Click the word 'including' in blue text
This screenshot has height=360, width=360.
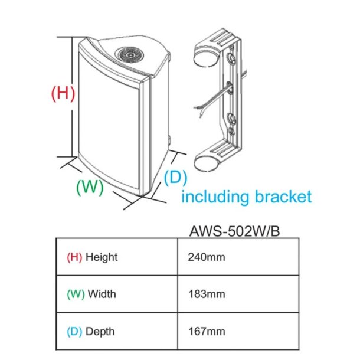215,197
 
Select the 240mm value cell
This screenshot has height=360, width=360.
205,257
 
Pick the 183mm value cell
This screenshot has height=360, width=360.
205,294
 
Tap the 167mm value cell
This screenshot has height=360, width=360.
205,331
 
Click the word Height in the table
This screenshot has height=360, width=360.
102,257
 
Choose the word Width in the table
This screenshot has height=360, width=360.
102,294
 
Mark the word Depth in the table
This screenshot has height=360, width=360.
100,331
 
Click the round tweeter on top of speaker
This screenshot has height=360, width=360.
130,55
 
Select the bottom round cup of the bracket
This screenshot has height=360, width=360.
205,159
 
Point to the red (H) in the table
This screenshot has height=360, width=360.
74,257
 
